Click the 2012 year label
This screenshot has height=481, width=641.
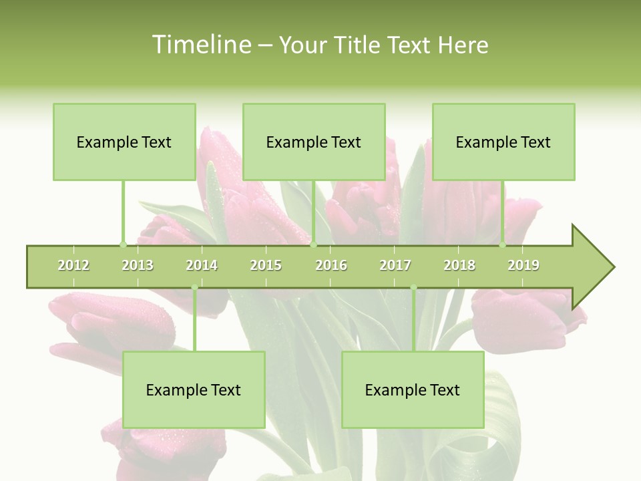pyautogui.click(x=73, y=265)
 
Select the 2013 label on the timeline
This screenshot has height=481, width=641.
pyautogui.click(x=138, y=265)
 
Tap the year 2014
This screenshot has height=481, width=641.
pyautogui.click(x=202, y=265)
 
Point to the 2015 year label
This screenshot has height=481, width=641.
pyautogui.click(x=266, y=265)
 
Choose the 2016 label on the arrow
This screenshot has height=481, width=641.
pyautogui.click(x=331, y=265)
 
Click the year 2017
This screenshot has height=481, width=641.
pyautogui.click(x=395, y=265)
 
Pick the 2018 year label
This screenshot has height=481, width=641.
pyautogui.click(x=459, y=265)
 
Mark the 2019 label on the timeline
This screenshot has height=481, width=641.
pyautogui.click(x=523, y=265)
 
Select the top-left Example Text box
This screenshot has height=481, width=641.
pyautogui.click(x=124, y=142)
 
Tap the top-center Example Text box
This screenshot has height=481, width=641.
pyautogui.click(x=314, y=142)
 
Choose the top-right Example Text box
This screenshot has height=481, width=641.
pyautogui.click(x=503, y=142)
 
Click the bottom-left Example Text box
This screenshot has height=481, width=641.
pyautogui.click(x=194, y=389)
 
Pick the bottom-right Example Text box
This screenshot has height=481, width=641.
pyautogui.click(x=413, y=389)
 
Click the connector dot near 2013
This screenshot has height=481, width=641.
pyautogui.click(x=123, y=245)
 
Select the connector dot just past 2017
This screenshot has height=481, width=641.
pyautogui.click(x=413, y=288)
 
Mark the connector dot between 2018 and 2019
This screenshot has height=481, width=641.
pyautogui.click(x=503, y=245)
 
